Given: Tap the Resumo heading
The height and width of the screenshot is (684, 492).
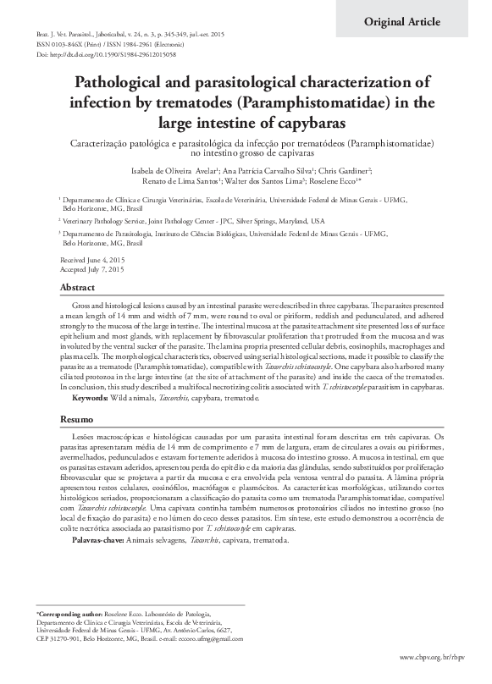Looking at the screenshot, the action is pyautogui.click(x=75, y=419).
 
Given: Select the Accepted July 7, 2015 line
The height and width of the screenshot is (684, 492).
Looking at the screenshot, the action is pyautogui.click(x=92, y=268).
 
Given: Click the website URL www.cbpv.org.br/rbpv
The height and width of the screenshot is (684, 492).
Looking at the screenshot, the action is pyautogui.click(x=438, y=657).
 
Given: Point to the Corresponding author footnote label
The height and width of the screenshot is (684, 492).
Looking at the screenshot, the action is pyautogui.click(x=68, y=610).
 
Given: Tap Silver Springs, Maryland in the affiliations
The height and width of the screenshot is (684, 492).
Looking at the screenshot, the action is pyautogui.click(x=257, y=220).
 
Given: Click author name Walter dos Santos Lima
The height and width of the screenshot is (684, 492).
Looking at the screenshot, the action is pyautogui.click(x=254, y=182).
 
